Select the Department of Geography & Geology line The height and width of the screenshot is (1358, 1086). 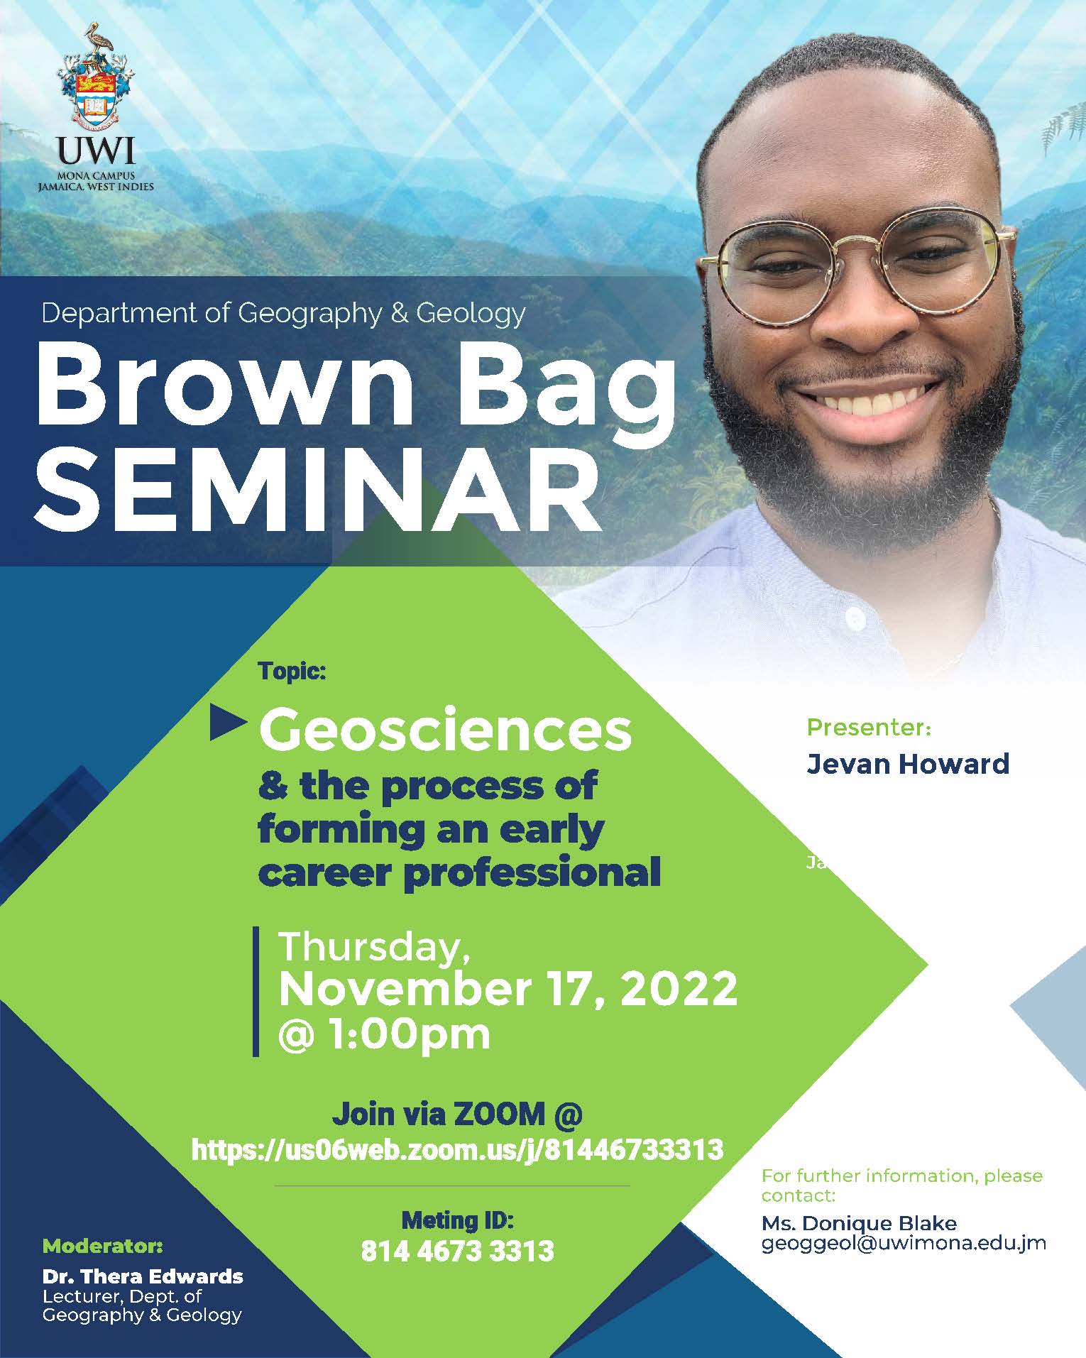coord(284,313)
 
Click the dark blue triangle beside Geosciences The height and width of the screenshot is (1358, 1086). coord(228,724)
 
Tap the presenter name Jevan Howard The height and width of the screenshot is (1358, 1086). coord(908,764)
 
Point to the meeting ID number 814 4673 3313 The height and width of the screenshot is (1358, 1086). coord(457,1251)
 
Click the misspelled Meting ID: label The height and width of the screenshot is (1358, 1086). coord(457,1220)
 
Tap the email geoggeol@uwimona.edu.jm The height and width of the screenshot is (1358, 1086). coord(904,1243)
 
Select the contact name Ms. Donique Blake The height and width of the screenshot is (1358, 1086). coord(859,1223)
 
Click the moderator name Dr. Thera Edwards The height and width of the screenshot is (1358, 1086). coord(143,1276)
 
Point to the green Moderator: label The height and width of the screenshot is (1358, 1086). coord(103,1246)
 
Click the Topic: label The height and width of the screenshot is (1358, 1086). coord(292,671)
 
